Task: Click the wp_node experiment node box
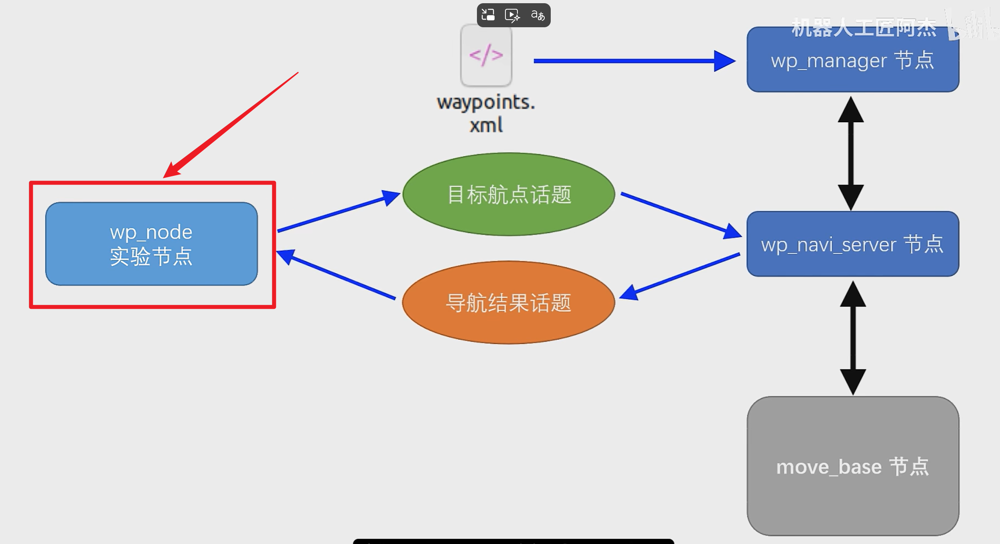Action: click(151, 244)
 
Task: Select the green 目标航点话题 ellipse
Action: click(509, 194)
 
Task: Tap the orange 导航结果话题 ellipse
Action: click(509, 302)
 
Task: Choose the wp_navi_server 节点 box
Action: click(853, 244)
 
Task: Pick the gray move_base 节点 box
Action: click(853, 466)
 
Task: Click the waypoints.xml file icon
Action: click(486, 55)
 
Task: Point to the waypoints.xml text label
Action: click(486, 113)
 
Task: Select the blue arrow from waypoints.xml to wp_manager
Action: click(634, 61)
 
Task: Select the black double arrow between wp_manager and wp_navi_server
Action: click(851, 153)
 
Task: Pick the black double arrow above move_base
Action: click(853, 338)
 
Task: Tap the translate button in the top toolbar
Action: click(538, 15)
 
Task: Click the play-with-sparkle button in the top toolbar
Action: click(512, 15)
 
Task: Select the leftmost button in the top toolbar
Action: click(488, 15)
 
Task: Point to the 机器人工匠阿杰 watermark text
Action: click(864, 28)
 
